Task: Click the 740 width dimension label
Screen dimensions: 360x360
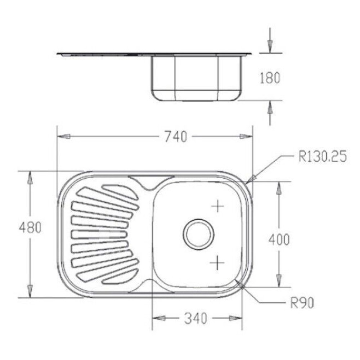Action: tap(176, 136)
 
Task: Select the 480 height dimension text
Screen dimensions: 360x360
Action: tap(30, 228)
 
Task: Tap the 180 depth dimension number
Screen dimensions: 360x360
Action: tap(270, 78)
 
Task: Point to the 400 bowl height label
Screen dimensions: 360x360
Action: tap(279, 240)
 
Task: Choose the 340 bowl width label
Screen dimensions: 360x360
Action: tap(195, 319)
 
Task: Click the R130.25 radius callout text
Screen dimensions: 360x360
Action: tap(322, 157)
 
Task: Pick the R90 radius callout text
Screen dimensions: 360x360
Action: tap(302, 303)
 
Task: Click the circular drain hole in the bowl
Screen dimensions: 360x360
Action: tap(199, 235)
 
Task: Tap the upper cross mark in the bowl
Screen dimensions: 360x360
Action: tap(217, 206)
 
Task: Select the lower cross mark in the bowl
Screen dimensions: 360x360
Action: tap(217, 262)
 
